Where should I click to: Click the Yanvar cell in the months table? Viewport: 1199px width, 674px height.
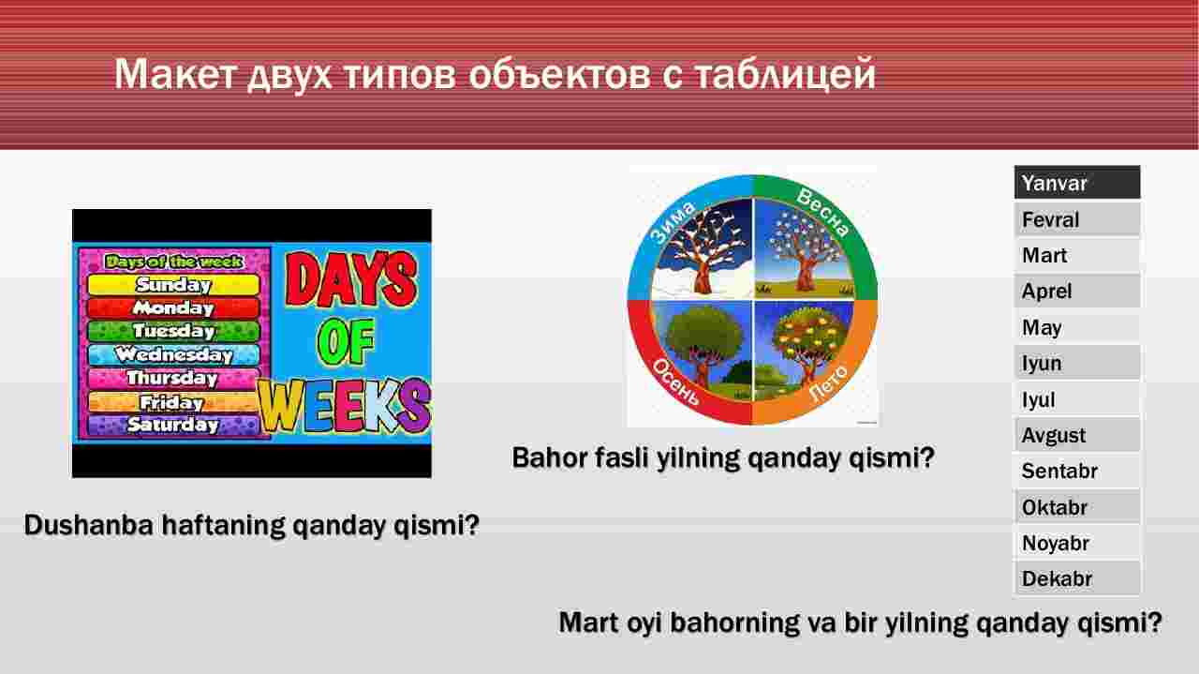click(x=1077, y=183)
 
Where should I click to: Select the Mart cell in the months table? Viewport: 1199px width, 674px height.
click(x=1077, y=255)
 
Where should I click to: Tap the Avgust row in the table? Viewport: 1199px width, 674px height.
click(x=1077, y=435)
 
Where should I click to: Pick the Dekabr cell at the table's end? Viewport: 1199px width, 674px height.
click(x=1077, y=578)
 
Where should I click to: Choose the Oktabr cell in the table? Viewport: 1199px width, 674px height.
click(x=1077, y=507)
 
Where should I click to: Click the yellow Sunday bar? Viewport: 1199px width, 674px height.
click(x=173, y=284)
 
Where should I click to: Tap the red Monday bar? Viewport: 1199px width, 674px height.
click(x=173, y=308)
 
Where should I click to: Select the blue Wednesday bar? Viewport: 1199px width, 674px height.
click(x=173, y=354)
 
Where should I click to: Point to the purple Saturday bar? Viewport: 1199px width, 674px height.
click(x=173, y=425)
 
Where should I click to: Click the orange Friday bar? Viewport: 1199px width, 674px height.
click(x=173, y=402)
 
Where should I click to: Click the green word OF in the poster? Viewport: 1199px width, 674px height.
click(x=346, y=341)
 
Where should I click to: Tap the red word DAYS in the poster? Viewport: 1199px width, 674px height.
click(x=350, y=279)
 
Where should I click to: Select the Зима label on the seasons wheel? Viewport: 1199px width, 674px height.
click(x=673, y=221)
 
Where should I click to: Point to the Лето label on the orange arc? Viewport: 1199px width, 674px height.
click(x=828, y=382)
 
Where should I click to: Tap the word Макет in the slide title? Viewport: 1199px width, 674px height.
click(x=175, y=73)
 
